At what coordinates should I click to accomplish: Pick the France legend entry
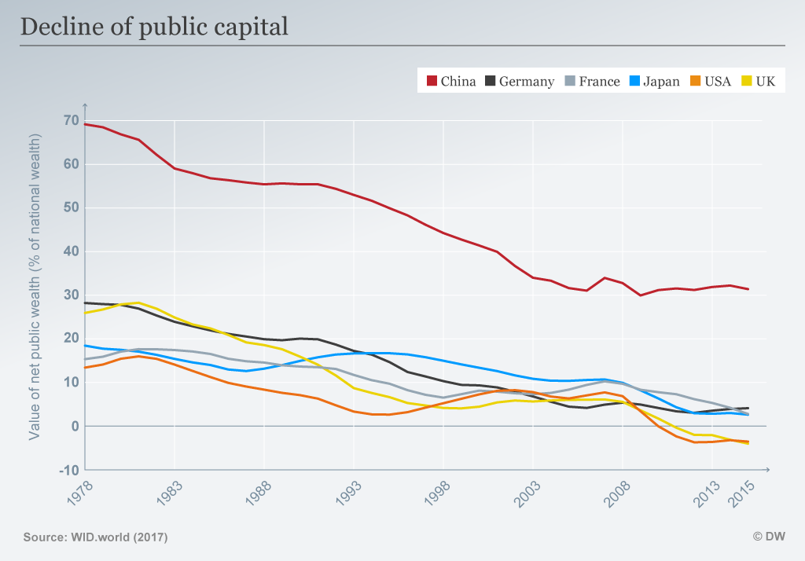tap(591, 81)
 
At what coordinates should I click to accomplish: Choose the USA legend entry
tap(711, 81)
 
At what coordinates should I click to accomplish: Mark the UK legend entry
tap(759, 81)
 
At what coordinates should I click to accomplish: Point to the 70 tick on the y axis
tap(71, 120)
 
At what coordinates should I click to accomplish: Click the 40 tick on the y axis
tap(71, 251)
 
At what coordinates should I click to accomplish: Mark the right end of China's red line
tap(748, 289)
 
